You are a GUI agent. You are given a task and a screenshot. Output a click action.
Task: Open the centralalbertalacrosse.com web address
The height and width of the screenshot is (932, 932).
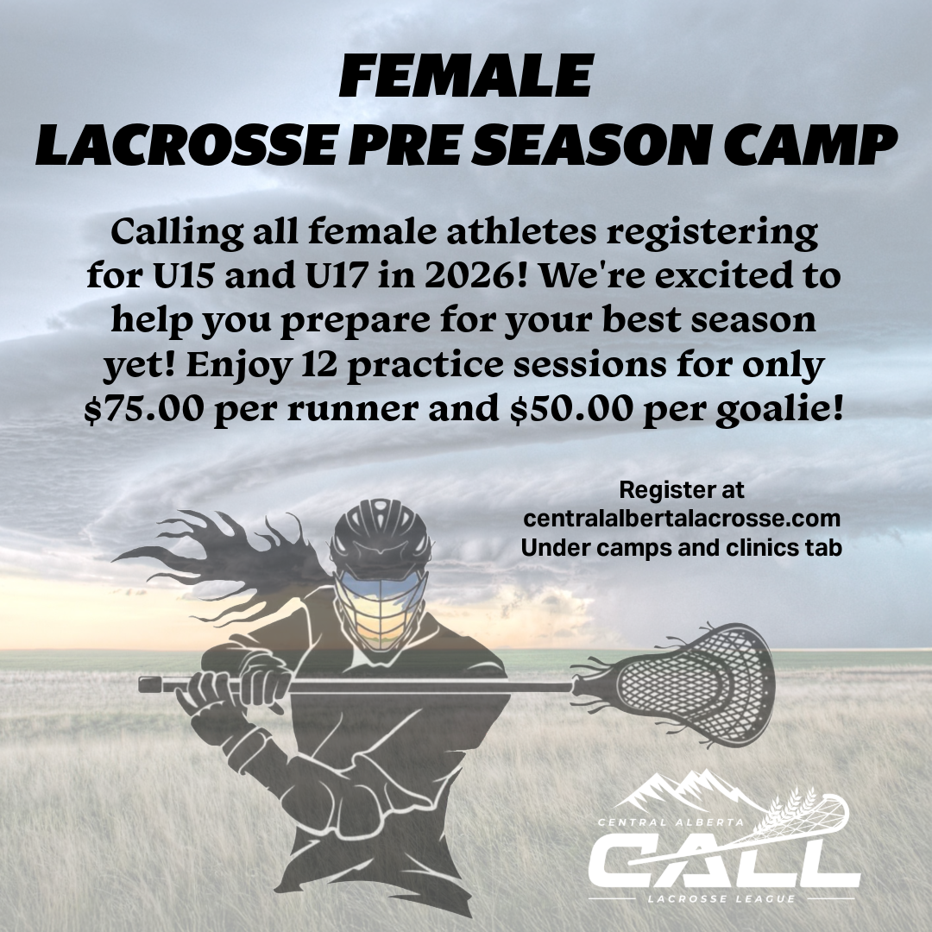[682, 519]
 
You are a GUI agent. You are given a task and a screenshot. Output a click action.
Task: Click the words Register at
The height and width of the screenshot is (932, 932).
[682, 490]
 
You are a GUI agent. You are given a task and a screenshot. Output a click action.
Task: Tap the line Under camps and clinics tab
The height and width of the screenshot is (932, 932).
[682, 547]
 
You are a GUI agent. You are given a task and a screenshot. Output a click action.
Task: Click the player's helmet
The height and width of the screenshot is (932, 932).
[381, 535]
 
